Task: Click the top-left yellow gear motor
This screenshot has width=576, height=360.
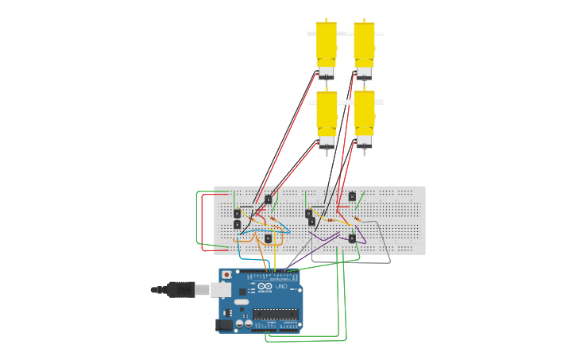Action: tap(326, 41)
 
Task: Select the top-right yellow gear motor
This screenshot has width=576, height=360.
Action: tap(364, 41)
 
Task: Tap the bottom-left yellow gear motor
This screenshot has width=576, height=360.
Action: tap(327, 111)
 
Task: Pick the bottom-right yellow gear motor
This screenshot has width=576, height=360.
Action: tap(364, 111)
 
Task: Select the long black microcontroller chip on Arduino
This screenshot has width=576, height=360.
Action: tap(275, 313)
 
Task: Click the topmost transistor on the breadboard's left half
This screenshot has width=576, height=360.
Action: tap(269, 199)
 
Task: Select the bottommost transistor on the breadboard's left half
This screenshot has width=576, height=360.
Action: tap(269, 238)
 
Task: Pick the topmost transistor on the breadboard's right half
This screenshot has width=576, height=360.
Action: tap(352, 196)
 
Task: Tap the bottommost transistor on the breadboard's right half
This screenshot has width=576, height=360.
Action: tap(351, 238)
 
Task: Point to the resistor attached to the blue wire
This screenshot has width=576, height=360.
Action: tap(274, 219)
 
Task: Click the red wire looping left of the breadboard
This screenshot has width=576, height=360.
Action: tap(203, 223)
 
